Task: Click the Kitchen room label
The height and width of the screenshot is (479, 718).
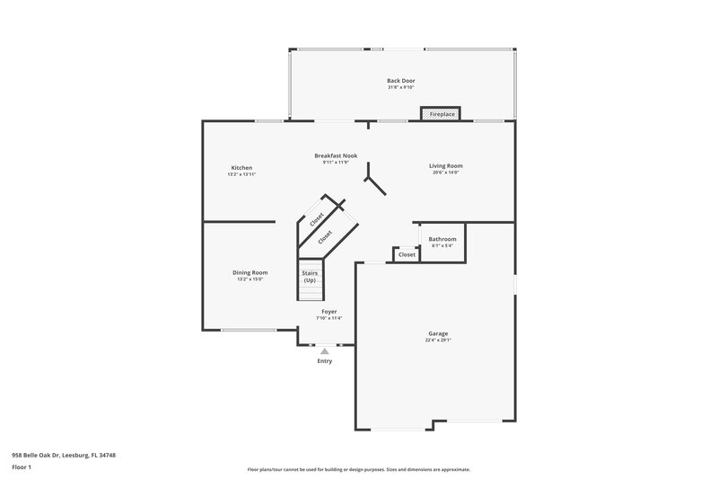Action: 241,168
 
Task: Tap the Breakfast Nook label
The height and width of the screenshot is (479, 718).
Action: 336,155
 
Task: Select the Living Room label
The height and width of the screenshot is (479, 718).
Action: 445,165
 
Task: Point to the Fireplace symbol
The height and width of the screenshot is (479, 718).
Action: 441,114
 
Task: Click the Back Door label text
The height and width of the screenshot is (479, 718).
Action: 401,81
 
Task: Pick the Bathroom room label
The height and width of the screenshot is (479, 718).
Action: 442,239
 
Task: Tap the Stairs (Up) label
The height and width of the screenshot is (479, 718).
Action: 310,276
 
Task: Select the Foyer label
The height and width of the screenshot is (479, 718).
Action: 329,311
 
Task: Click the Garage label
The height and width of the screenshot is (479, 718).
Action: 438,333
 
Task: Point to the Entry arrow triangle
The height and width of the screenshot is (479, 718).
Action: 325,351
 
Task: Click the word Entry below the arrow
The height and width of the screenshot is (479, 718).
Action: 325,361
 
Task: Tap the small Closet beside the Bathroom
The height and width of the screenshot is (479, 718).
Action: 407,254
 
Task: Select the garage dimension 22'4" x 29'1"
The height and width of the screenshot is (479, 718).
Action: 438,341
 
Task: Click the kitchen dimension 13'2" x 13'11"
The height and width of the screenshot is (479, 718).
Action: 241,174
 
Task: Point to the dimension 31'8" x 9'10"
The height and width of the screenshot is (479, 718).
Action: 401,87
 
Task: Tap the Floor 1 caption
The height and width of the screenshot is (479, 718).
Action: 22,468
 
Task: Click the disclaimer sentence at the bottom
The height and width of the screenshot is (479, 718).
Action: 359,469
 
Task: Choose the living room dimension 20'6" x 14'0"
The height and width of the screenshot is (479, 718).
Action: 445,172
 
